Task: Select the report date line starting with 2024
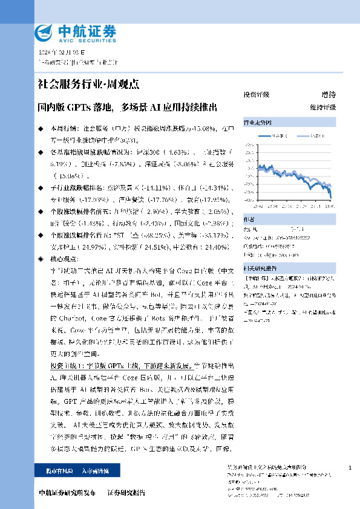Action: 58,52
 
